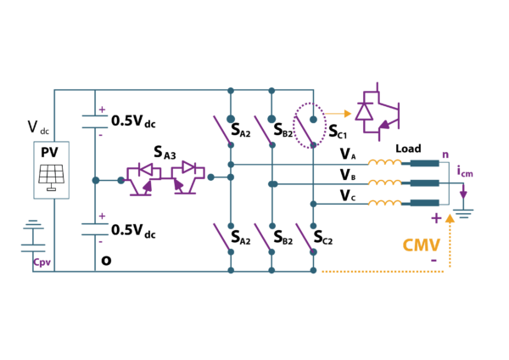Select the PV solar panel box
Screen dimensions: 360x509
[x=52, y=170]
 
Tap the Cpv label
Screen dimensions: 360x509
[x=42, y=262]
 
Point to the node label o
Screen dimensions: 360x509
[x=106, y=260]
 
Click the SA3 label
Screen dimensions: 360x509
[x=165, y=152]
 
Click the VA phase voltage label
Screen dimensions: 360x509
[x=348, y=154]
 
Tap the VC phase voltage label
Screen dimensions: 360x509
[x=348, y=196]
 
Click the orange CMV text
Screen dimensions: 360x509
[x=422, y=245]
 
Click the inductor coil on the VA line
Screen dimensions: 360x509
[x=383, y=163]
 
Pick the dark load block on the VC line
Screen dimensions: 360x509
[x=424, y=203]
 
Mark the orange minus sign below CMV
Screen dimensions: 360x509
[x=433, y=260]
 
